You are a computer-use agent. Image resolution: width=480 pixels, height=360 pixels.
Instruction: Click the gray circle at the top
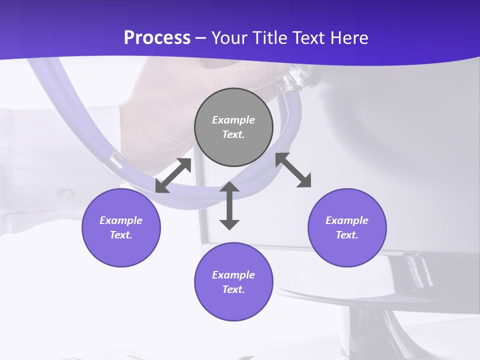tap(233, 127)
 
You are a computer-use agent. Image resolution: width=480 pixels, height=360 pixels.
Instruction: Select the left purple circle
tap(121, 227)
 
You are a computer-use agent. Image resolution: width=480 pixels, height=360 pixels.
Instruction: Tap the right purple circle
tap(347, 227)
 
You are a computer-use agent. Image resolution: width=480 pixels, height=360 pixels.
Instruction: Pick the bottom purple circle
tap(233, 282)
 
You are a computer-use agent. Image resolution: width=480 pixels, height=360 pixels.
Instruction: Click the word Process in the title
tap(157, 38)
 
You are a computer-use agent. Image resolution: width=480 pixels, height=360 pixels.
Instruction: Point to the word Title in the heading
tap(270, 38)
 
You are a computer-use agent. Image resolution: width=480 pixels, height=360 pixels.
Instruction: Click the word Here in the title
tap(349, 38)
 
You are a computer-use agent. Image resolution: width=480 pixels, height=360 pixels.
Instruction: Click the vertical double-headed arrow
tap(229, 205)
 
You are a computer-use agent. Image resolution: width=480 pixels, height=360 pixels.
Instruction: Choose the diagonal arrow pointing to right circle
tap(293, 170)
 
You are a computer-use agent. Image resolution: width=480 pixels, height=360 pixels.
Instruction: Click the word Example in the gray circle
tap(233, 120)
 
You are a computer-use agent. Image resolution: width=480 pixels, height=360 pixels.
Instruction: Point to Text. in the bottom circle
tap(233, 289)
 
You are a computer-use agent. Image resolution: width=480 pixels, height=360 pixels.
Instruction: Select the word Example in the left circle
tap(121, 220)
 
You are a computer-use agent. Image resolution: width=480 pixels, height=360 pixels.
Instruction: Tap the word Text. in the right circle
tap(347, 235)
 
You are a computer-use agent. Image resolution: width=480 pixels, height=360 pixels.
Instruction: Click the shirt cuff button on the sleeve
tap(65, 191)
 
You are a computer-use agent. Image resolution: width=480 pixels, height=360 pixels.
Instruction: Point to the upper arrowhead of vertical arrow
tap(229, 187)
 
